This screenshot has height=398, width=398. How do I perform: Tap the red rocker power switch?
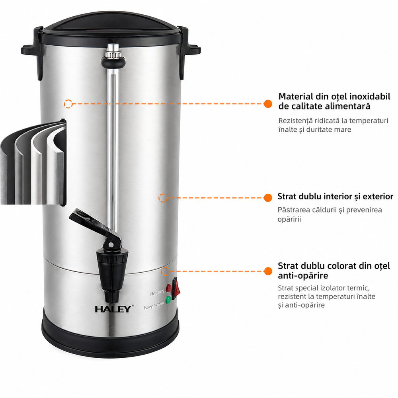(176, 289)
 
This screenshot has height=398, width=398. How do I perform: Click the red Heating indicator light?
(168, 288)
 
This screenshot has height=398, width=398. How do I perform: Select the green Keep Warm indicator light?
(168, 300)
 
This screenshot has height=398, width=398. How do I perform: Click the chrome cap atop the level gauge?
(113, 50)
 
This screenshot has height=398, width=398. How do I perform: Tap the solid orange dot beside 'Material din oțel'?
(268, 103)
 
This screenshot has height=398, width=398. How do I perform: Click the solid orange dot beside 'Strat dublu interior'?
(268, 198)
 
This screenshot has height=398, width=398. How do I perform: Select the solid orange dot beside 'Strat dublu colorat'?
(268, 271)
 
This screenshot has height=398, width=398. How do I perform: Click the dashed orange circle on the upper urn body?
(68, 103)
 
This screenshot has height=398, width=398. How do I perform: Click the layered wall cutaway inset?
(33, 162)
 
